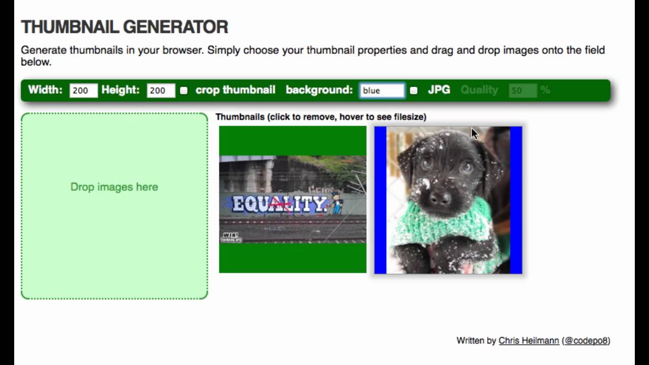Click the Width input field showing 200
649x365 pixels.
[x=83, y=90]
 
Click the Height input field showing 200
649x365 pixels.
[x=161, y=90]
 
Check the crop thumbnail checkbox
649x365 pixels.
[x=184, y=90]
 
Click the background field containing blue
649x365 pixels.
[x=382, y=90]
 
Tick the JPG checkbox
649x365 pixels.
[x=414, y=90]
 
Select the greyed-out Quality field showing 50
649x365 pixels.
[x=523, y=91]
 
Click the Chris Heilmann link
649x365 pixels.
[x=529, y=341]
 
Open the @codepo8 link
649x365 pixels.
[x=587, y=341]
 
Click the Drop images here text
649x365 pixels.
[x=114, y=187]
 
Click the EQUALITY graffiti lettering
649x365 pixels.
[x=279, y=204]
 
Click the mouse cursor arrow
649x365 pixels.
[x=474, y=133]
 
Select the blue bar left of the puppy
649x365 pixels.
[x=380, y=200]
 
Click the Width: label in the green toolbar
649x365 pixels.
[x=45, y=90]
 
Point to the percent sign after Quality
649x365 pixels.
[x=545, y=90]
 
